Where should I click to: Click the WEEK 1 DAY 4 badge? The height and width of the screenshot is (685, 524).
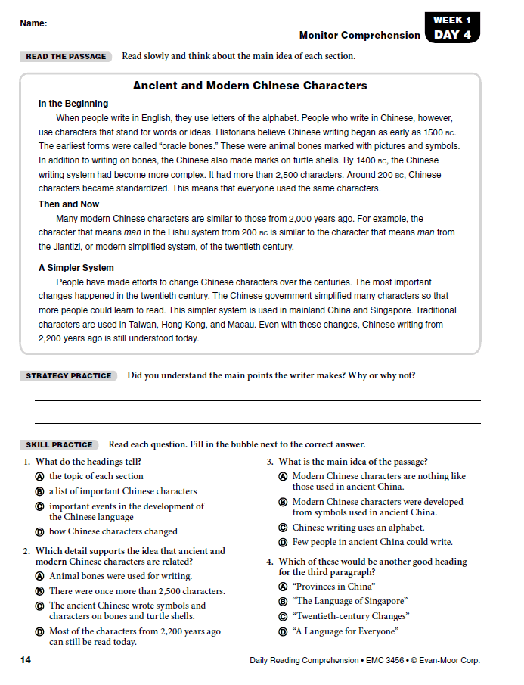[452, 28]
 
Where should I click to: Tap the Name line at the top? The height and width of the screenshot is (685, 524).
[136, 25]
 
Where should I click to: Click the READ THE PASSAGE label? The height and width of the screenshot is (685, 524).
[67, 57]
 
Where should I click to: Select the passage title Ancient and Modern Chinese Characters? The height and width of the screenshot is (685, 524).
[250, 86]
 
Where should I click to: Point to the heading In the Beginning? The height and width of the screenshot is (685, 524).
[73, 104]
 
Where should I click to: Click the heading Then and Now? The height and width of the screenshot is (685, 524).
[69, 204]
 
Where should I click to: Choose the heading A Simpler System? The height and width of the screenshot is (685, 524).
[76, 268]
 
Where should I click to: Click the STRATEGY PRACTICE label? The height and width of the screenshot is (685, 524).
[69, 376]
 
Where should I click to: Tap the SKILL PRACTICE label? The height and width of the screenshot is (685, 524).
[59, 445]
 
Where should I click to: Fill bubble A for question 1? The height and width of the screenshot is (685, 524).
[39, 477]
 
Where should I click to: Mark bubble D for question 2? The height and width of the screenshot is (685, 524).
[39, 632]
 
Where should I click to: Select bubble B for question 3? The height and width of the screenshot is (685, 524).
[283, 502]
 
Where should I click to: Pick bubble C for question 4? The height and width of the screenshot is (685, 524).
[283, 617]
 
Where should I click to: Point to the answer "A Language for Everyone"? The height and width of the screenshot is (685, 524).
[345, 631]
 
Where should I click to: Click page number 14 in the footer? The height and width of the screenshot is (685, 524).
[26, 661]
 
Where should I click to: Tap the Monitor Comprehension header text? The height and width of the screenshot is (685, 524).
[359, 36]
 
